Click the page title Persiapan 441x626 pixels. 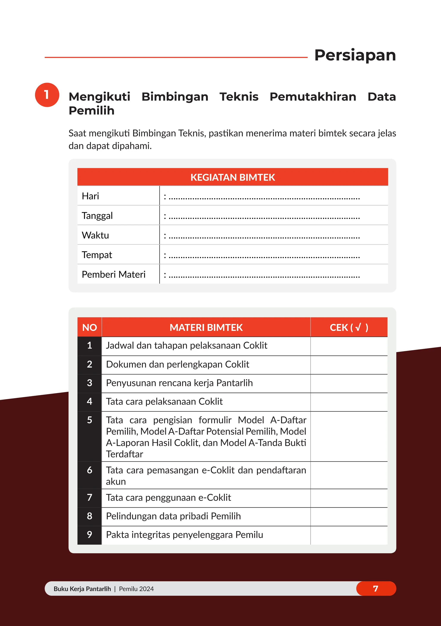pos(355,55)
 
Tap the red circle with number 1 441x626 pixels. pos(47,95)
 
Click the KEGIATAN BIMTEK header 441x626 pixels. pos(233,177)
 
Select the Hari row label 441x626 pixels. pos(90,196)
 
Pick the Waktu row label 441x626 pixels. pos(95,235)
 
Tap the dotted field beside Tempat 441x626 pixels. pos(264,256)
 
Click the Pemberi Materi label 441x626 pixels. pos(114,274)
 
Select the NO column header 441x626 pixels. pos(89,327)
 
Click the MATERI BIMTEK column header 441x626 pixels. pos(206,327)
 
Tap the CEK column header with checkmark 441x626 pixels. pos(349,327)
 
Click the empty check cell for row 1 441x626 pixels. pos(349,346)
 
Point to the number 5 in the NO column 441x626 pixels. pos(89,420)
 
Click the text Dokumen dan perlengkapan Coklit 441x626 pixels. pos(177,364)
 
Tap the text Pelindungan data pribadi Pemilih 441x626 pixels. pos(173,516)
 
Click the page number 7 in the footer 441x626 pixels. pos(376,589)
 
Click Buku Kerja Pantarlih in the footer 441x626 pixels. pos(82,589)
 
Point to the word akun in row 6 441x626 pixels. pos(116,482)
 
